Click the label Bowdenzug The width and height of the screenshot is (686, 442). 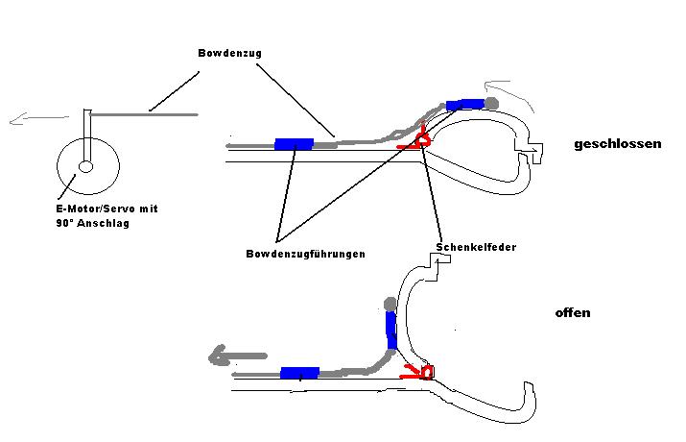pos(229,53)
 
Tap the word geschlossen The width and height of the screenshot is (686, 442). pos(617,144)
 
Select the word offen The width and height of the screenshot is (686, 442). pos(573,313)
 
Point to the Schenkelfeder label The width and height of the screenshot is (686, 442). pos(476,247)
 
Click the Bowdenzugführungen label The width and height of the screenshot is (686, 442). pos(305,254)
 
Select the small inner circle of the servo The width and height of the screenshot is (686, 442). pos(85,166)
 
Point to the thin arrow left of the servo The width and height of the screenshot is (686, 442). pos(39,118)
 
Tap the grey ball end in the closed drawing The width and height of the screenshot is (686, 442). pos(491,104)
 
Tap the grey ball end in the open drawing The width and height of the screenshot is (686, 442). pos(390,304)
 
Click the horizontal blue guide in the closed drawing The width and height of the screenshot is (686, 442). pos(294,144)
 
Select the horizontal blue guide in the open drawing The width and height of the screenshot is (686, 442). pos(299,373)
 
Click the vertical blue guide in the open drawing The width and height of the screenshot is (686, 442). pos(391,331)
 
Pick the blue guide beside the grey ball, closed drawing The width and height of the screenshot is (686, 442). pos(465,105)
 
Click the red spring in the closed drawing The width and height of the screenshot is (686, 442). pos(416,139)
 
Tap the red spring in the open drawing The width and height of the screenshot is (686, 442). pos(417,373)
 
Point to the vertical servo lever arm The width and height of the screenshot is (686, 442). pos(88,135)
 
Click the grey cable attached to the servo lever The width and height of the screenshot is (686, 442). pos(144,114)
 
